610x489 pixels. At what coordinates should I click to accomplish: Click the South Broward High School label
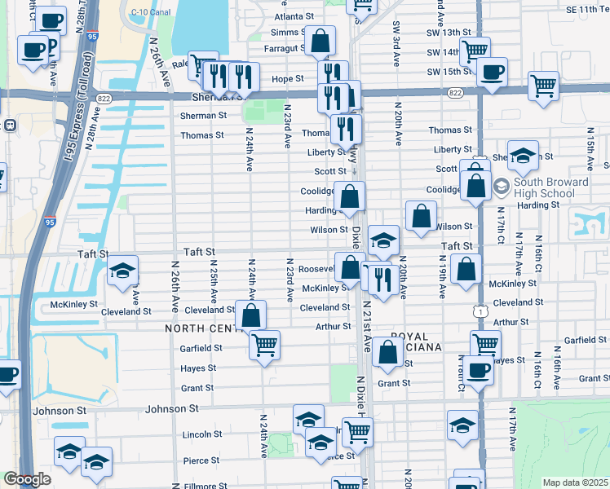pyautogui.click(x=550, y=187)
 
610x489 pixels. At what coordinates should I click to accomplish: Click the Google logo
pyautogui.click(x=27, y=479)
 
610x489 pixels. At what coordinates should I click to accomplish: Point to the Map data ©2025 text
pyautogui.click(x=574, y=482)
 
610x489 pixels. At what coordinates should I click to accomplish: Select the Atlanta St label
pyautogui.click(x=294, y=16)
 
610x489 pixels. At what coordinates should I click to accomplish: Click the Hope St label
pyautogui.click(x=287, y=79)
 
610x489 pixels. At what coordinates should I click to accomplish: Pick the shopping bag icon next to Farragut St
pyautogui.click(x=321, y=39)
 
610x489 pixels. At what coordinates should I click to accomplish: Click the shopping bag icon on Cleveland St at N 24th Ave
pyautogui.click(x=251, y=315)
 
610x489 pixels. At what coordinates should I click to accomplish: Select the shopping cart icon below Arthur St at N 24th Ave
pyautogui.click(x=264, y=346)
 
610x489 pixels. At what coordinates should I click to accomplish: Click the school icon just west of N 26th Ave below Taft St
pyautogui.click(x=122, y=270)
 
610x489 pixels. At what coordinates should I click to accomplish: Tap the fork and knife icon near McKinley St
pyautogui.click(x=381, y=280)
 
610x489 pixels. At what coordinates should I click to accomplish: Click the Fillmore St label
pyautogui.click(x=199, y=486)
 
